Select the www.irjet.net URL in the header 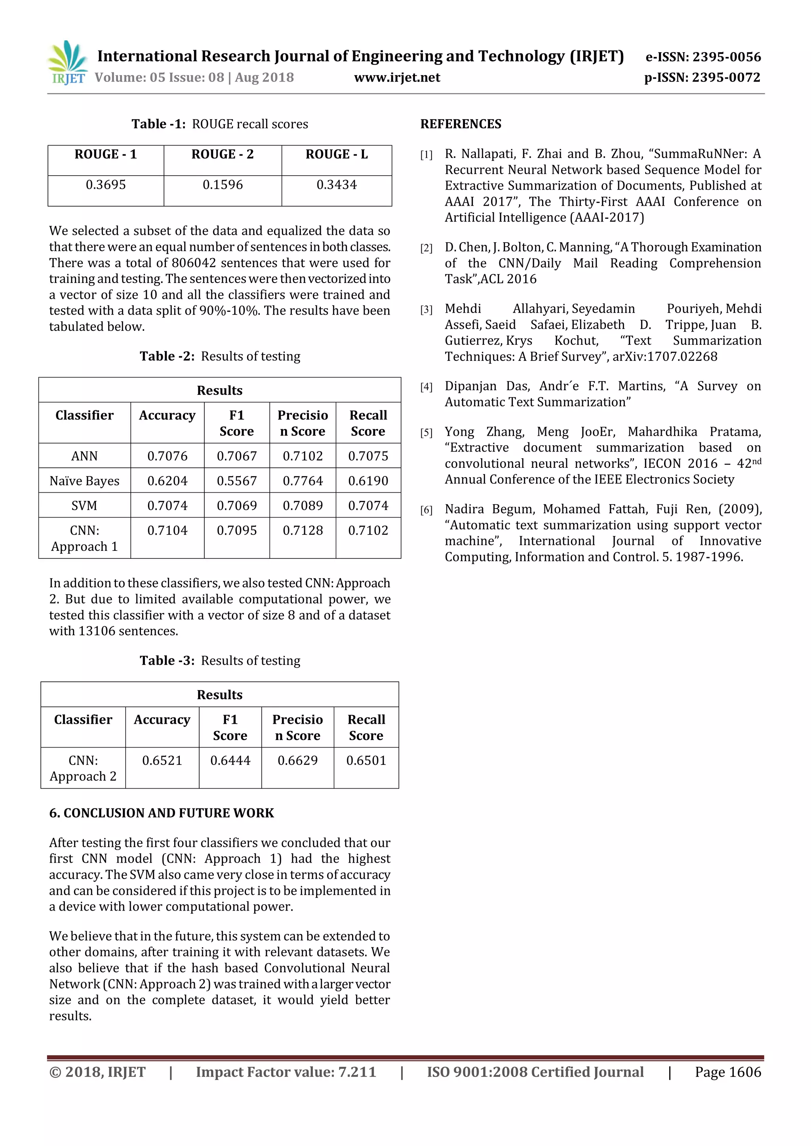[397, 78]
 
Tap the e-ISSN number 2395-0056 [727, 57]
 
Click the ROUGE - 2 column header [223, 154]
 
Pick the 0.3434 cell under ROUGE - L [337, 185]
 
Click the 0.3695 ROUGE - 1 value [106, 185]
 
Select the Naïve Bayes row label [84, 481]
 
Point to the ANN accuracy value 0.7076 [167, 456]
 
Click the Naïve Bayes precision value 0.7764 [303, 481]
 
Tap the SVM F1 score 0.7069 [237, 506]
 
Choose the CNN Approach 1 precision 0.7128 [303, 530]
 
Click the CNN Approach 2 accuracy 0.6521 [162, 760]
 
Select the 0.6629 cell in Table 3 [298, 760]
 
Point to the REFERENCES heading [461, 124]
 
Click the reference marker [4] [426, 387]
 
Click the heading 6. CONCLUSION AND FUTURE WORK [161, 813]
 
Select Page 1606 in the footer [727, 1072]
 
